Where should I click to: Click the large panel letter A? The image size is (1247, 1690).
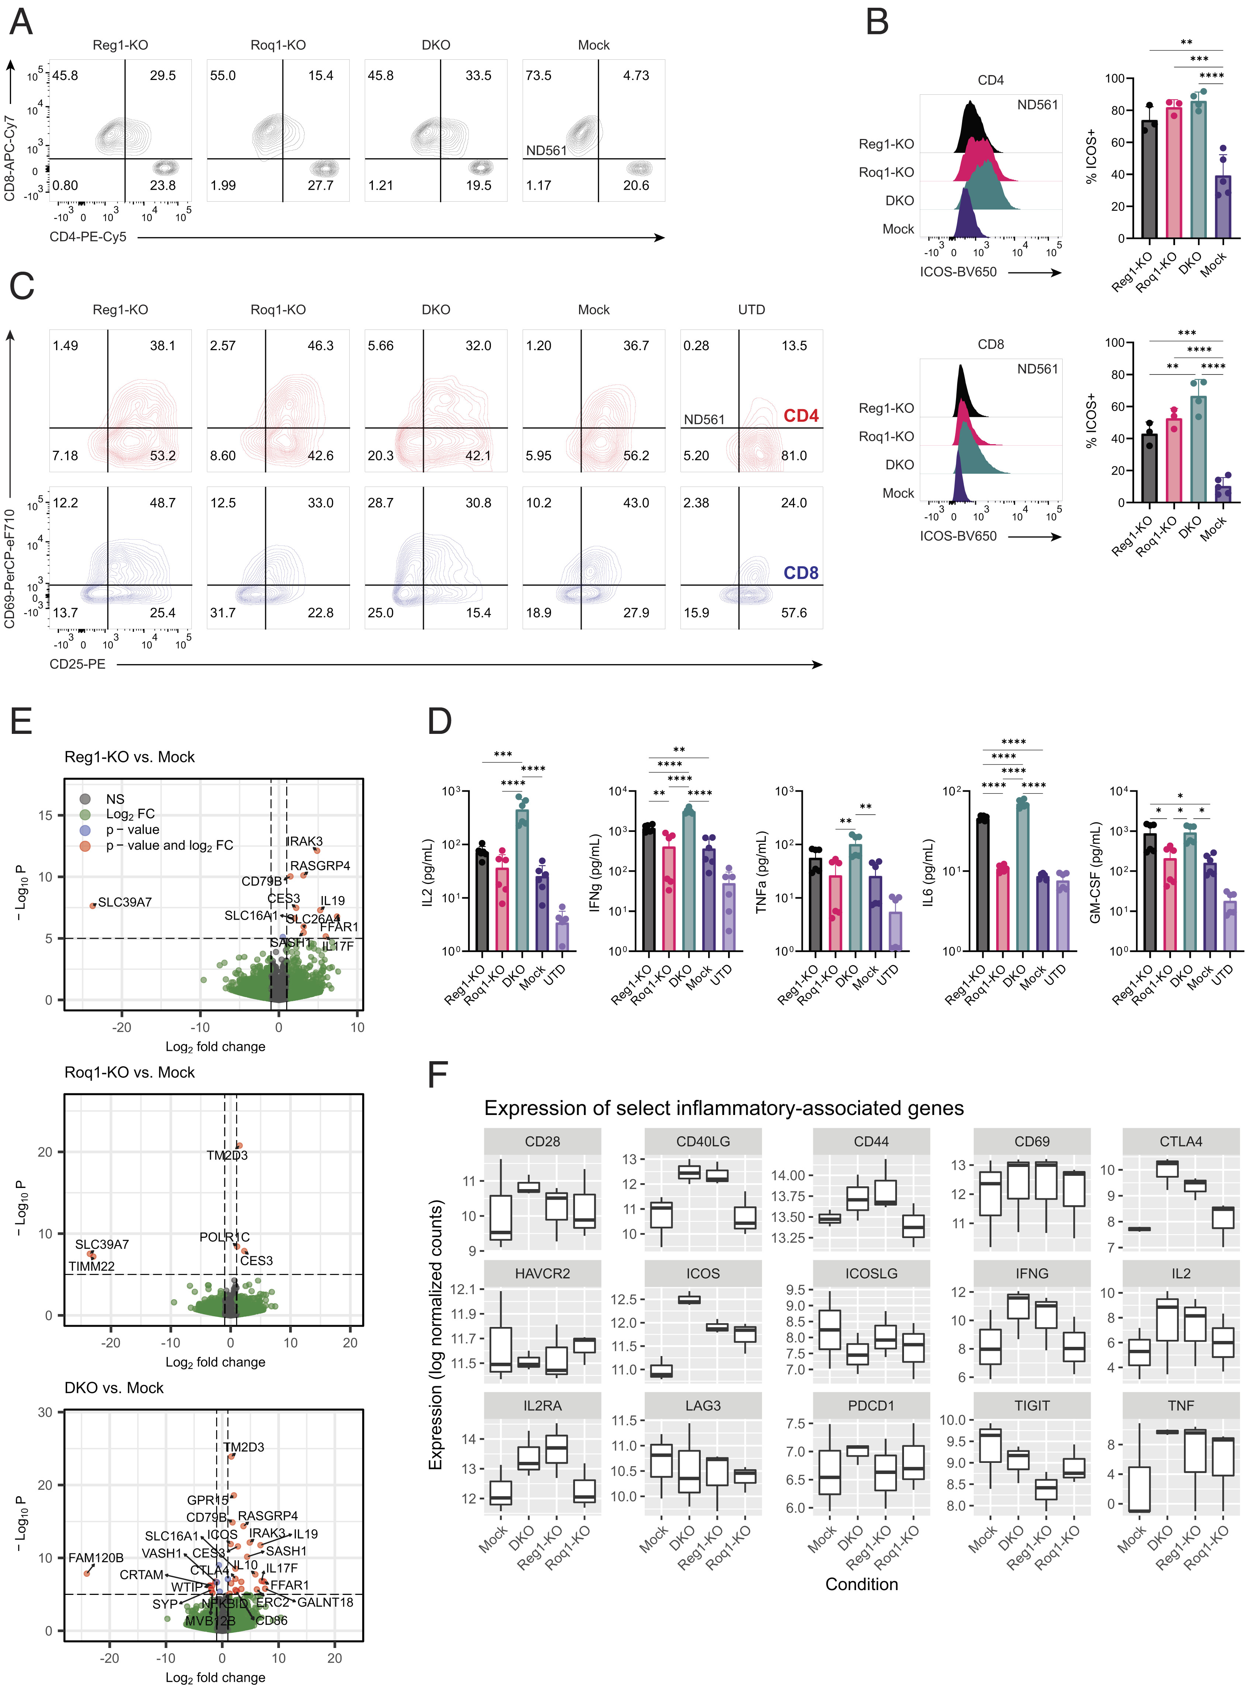(x=21, y=21)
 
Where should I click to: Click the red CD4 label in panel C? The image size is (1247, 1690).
(x=801, y=416)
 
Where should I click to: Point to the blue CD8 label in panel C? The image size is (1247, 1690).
(x=801, y=573)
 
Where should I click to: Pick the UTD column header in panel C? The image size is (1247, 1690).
(x=751, y=310)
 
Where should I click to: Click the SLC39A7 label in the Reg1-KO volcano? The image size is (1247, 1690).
(x=125, y=902)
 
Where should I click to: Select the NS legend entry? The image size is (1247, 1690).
(x=115, y=799)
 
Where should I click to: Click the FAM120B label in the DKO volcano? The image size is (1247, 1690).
(x=96, y=1558)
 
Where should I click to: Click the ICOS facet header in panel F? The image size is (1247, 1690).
(x=703, y=1273)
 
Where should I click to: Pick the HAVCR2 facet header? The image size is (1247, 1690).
(x=542, y=1273)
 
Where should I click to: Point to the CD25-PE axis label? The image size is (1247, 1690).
(x=77, y=664)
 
